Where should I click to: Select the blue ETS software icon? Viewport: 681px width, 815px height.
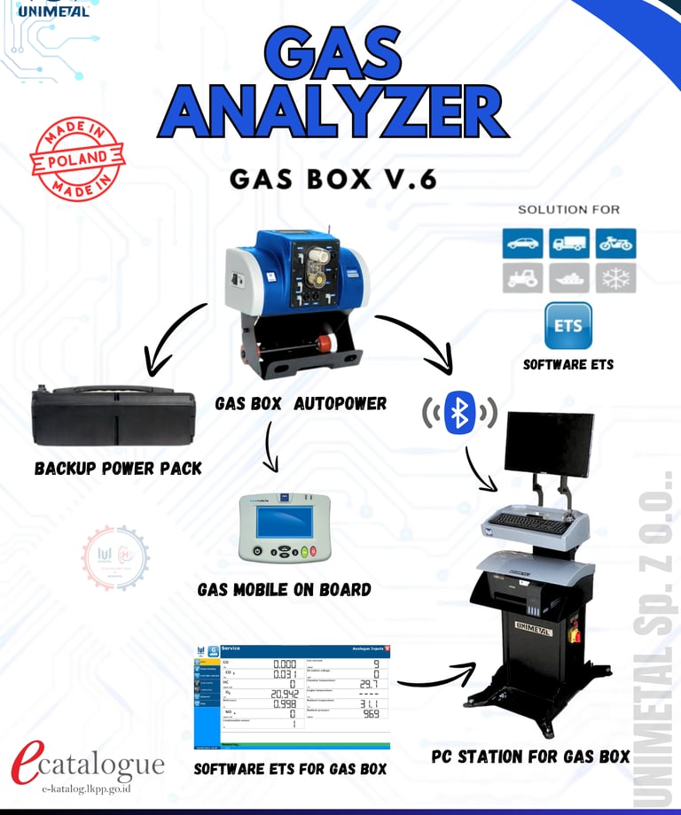[567, 326]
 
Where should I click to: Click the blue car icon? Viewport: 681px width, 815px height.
[523, 242]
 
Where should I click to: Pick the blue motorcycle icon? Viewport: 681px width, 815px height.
[614, 242]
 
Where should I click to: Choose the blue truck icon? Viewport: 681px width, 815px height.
[568, 242]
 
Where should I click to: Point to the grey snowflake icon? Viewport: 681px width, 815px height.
[614, 277]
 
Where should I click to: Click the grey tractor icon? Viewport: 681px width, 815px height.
[523, 277]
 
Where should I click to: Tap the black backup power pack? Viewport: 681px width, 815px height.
[113, 416]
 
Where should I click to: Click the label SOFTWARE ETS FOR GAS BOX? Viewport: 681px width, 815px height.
[290, 768]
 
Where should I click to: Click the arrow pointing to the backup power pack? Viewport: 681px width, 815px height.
[173, 337]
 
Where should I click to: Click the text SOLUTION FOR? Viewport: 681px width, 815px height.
[568, 210]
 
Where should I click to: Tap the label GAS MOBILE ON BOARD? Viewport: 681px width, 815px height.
[284, 589]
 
